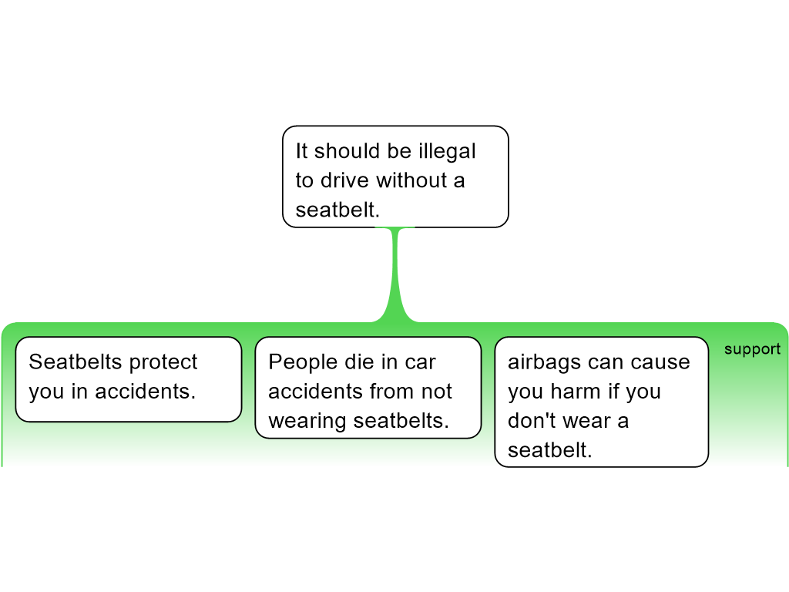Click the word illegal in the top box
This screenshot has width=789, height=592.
[448, 152]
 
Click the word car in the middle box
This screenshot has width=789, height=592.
[420, 363]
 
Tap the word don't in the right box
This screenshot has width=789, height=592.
[533, 421]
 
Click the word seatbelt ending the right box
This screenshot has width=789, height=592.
[550, 450]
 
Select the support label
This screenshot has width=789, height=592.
[752, 349]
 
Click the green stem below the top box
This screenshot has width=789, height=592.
[395, 274]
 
